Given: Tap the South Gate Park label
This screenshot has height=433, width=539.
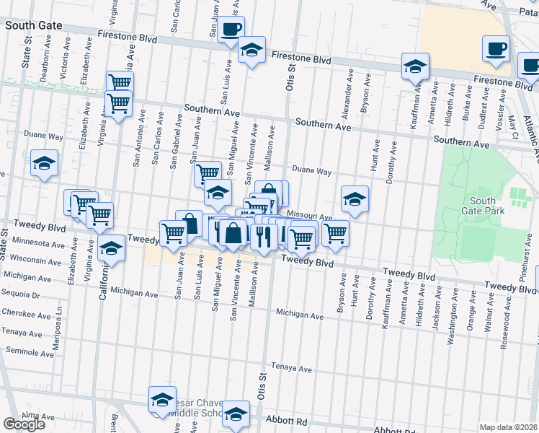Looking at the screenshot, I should (x=482, y=206).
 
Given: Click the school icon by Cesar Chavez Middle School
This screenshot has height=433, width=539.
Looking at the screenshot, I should (x=163, y=400).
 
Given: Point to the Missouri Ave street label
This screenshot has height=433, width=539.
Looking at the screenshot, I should (x=309, y=216).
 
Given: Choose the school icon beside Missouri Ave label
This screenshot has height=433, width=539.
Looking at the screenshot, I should (x=355, y=199).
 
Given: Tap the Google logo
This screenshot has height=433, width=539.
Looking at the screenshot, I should (x=24, y=424).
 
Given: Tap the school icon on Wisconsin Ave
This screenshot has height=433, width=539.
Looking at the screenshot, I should (x=111, y=250).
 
